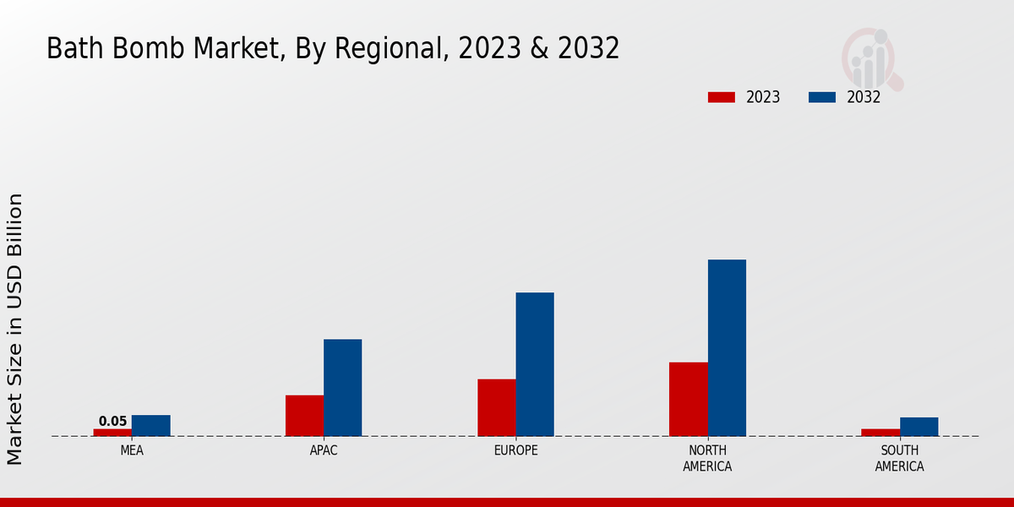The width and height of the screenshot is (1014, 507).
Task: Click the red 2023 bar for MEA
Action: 112,433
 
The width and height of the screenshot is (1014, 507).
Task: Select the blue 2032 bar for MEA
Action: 150,426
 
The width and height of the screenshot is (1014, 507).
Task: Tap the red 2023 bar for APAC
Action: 304,416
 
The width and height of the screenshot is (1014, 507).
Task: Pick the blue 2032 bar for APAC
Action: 342,388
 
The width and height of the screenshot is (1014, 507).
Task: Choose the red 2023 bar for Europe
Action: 496,407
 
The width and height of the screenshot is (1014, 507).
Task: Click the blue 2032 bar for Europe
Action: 535,364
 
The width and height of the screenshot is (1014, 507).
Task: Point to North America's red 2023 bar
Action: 688,399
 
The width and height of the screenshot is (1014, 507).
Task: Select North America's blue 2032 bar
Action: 727,347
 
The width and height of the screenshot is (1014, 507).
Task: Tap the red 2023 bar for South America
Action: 880,433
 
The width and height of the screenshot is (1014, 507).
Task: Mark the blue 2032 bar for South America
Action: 919,427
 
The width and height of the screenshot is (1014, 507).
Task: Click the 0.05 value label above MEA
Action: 112,422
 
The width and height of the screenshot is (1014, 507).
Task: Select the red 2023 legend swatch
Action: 721,97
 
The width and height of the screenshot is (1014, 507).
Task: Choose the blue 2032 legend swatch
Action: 821,97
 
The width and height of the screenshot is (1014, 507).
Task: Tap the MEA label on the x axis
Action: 132,451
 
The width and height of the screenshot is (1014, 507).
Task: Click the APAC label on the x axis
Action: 324,451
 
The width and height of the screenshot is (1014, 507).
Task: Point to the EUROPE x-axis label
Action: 515,451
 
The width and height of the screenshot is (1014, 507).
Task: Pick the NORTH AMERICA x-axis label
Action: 707,459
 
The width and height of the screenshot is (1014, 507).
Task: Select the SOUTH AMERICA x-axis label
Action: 899,459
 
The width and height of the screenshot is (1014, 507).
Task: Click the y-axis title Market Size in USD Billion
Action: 15,329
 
